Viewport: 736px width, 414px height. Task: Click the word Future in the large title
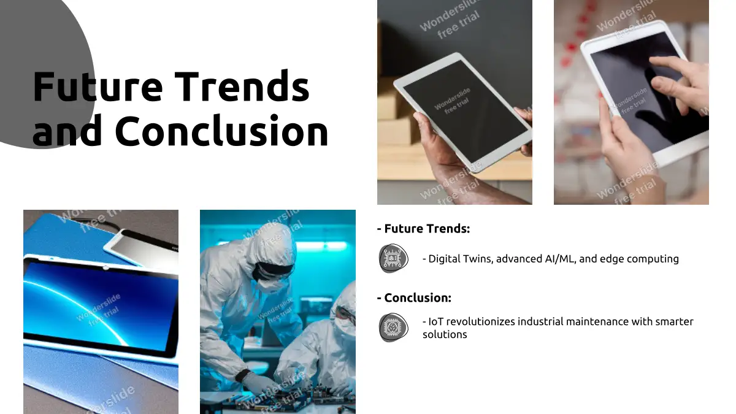click(x=98, y=86)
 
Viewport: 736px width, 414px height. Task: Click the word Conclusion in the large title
click(x=221, y=131)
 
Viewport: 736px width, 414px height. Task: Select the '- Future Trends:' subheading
click(x=424, y=229)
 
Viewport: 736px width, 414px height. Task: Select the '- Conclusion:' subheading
click(x=414, y=297)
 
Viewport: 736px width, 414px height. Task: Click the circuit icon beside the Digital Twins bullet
click(x=393, y=258)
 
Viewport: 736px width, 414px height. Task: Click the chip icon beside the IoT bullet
click(x=393, y=328)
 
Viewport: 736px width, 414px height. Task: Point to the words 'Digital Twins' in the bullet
click(x=461, y=259)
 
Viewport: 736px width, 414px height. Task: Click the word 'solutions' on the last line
click(x=445, y=334)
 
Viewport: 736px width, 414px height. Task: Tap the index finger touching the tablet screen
click(x=670, y=66)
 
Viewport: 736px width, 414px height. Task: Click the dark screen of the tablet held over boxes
click(x=465, y=112)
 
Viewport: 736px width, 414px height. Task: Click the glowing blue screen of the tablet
click(x=99, y=307)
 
